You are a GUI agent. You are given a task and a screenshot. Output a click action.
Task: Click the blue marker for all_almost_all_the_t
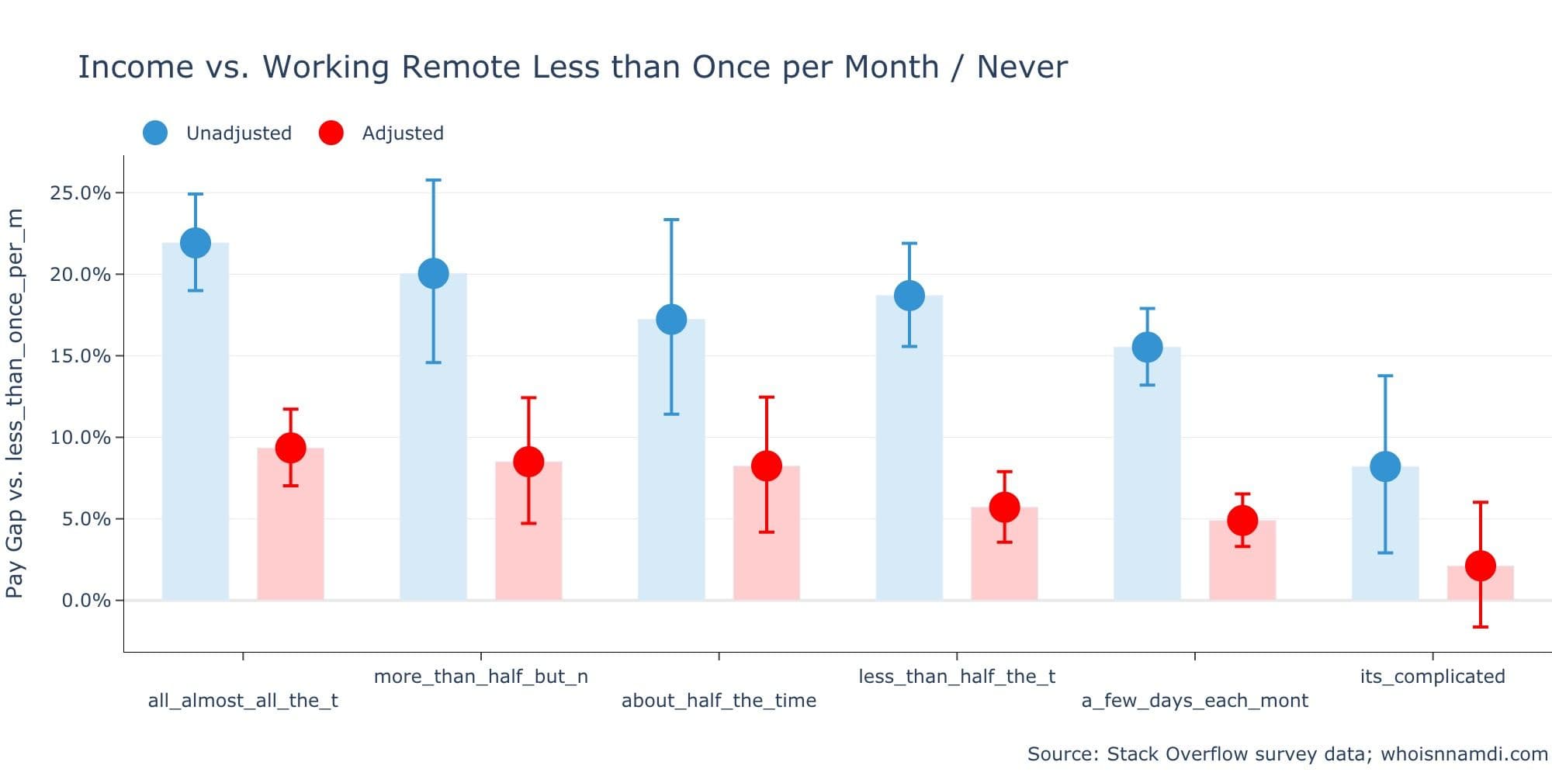point(196,243)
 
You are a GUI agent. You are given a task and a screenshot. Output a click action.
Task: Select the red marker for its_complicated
point(1480,566)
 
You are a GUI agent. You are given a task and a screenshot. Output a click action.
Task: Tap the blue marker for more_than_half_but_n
point(433,273)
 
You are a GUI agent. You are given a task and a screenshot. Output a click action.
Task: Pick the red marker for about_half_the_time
point(766,466)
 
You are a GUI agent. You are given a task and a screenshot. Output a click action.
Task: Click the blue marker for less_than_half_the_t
point(909,296)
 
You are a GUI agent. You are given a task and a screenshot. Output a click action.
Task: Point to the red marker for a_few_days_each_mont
point(1242,521)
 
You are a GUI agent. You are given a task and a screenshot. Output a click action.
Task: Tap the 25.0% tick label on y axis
point(80,193)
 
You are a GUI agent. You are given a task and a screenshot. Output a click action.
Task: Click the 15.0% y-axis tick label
point(80,356)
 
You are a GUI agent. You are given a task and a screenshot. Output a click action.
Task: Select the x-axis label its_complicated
point(1432,677)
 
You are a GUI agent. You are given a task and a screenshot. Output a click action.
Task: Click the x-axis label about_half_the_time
point(719,701)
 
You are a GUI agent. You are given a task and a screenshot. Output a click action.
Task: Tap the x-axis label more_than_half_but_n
point(480,677)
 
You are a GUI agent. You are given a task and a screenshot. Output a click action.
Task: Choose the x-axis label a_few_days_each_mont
point(1194,701)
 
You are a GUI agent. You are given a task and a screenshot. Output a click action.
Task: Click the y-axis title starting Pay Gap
point(16,404)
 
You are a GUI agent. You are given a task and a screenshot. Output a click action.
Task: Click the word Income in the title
point(135,68)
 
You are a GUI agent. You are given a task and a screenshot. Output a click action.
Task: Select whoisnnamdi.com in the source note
point(1464,754)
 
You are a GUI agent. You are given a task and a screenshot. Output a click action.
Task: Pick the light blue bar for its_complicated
point(1385,535)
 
